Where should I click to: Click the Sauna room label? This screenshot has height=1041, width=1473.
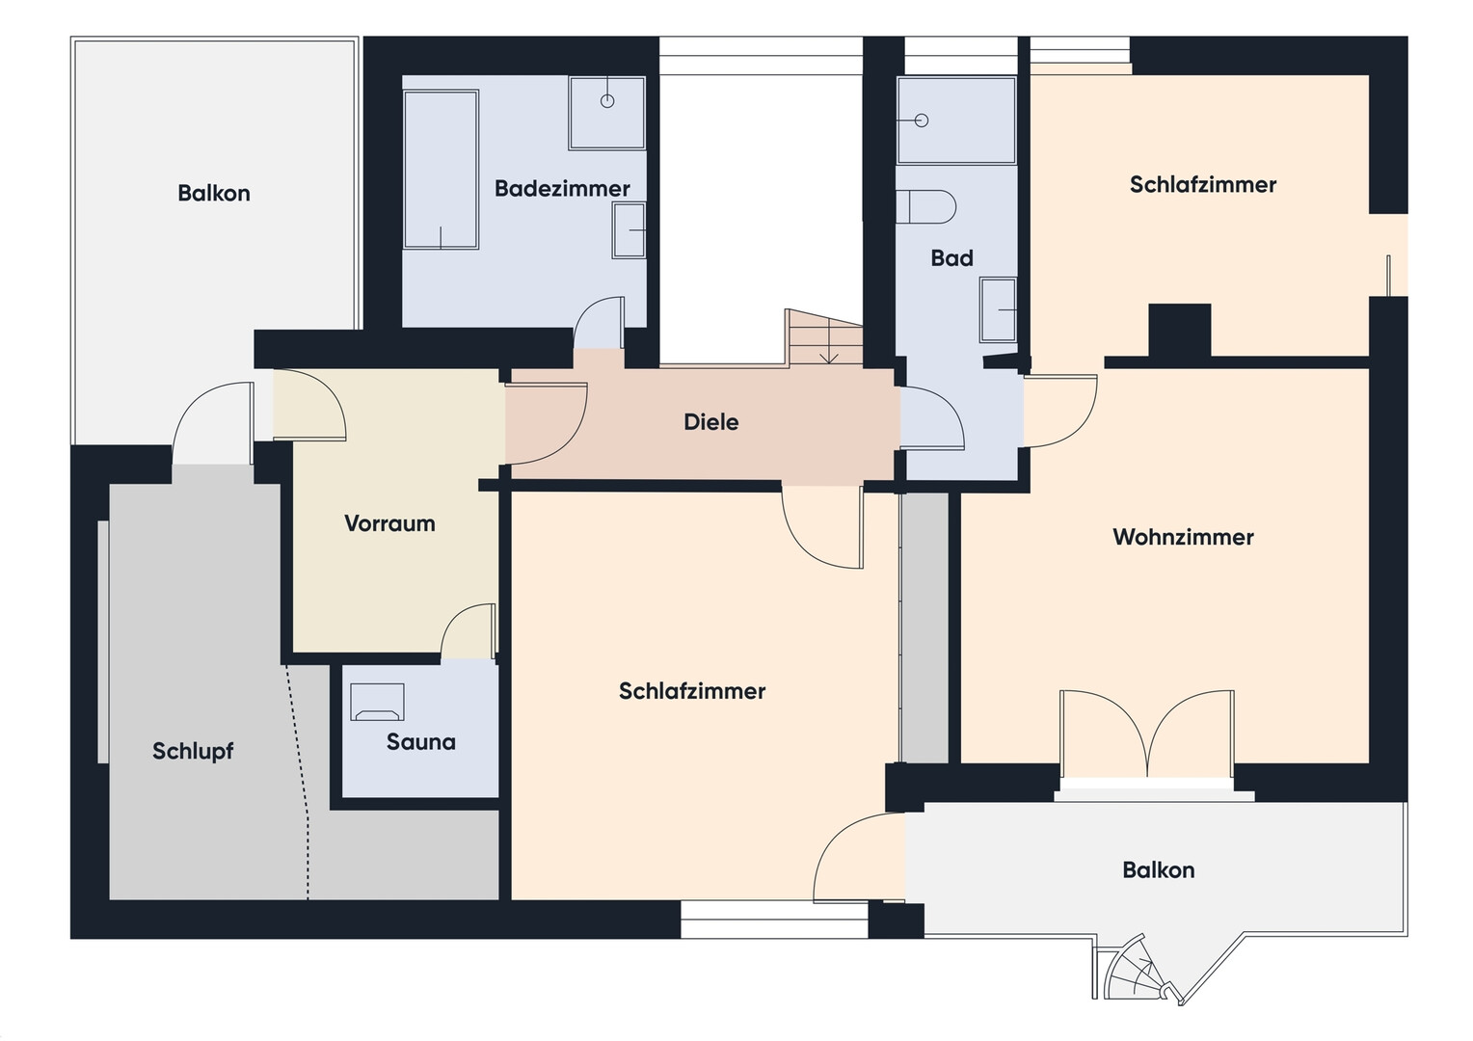pos(421,742)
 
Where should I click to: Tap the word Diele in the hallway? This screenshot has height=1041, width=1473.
pos(710,422)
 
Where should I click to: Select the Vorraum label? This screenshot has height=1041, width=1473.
pos(390,523)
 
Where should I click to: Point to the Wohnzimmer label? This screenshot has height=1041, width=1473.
pos(1183,537)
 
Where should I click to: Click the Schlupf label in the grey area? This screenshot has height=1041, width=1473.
pos(193,751)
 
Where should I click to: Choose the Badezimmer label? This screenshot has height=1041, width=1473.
pos(562,189)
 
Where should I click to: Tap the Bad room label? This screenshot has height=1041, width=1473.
pos(951,258)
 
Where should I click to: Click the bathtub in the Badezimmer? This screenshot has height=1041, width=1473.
pos(441,170)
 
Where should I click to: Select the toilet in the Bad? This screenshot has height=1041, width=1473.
pos(925,207)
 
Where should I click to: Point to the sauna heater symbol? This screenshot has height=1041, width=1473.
pos(377,703)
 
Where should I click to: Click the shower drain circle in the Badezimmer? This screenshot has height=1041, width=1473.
pos(607,100)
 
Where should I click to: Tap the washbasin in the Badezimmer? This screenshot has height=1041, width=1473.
pos(629,230)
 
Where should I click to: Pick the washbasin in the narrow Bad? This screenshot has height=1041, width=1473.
pos(998,309)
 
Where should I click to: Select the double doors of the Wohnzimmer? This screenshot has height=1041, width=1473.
pos(1147,734)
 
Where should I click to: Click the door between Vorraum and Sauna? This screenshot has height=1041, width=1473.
pos(468,631)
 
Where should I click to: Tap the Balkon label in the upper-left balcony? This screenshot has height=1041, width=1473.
pos(214,194)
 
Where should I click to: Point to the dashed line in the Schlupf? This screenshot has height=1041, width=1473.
pos(298,782)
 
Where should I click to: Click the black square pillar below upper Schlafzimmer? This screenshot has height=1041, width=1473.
pos(1179,331)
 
